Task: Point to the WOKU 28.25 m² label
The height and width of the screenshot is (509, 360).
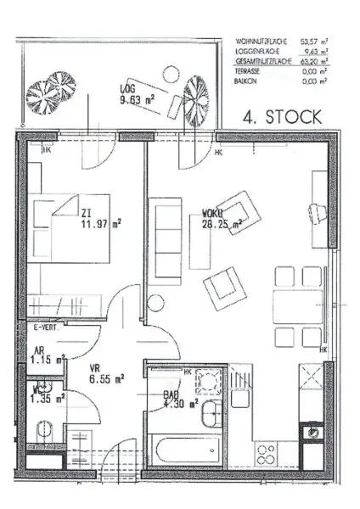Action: [222, 220]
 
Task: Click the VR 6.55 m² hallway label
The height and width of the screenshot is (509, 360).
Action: [107, 373]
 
